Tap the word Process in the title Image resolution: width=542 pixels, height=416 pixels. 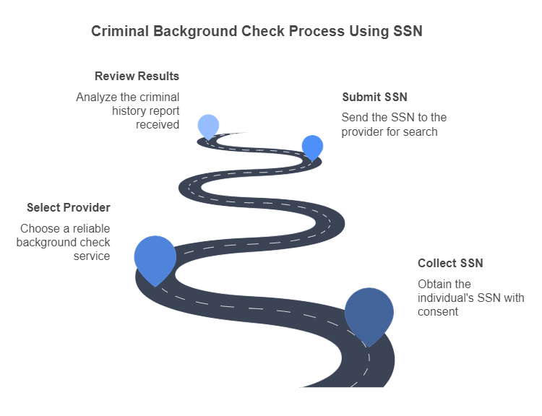tap(317, 32)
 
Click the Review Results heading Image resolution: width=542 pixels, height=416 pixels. tap(137, 76)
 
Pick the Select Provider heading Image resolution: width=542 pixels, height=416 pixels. tap(69, 207)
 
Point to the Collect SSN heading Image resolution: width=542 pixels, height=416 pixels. tap(450, 263)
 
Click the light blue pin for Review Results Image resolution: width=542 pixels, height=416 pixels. tap(208, 125)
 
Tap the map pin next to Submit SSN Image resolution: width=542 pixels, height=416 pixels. tap(312, 146)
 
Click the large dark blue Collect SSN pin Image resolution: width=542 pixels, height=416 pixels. tap(369, 312)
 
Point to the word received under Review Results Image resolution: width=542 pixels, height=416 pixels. tap(158, 124)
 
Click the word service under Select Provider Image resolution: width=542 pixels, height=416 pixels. tap(92, 256)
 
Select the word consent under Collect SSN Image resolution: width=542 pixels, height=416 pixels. tap(438, 311)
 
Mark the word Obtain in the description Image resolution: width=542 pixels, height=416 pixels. tap(434, 284)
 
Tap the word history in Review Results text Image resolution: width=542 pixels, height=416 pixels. tap(129, 110)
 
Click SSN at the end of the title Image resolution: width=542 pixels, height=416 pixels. tap(407, 32)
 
